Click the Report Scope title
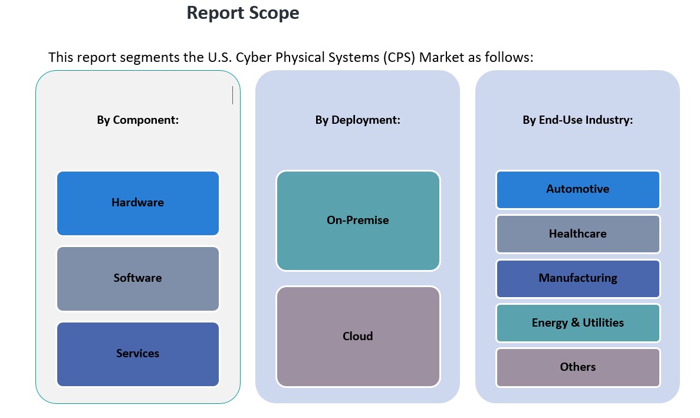point(242,13)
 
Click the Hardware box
point(138,203)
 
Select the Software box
point(138,278)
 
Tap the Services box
point(138,354)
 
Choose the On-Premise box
point(358,220)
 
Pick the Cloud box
point(358,337)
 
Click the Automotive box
point(578,189)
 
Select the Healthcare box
point(578,234)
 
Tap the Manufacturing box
point(578,278)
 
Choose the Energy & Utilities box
point(578,323)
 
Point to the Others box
point(578,367)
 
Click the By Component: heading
point(138,120)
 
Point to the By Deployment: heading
point(358,120)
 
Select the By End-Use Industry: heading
point(578,120)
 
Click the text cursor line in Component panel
point(233,96)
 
